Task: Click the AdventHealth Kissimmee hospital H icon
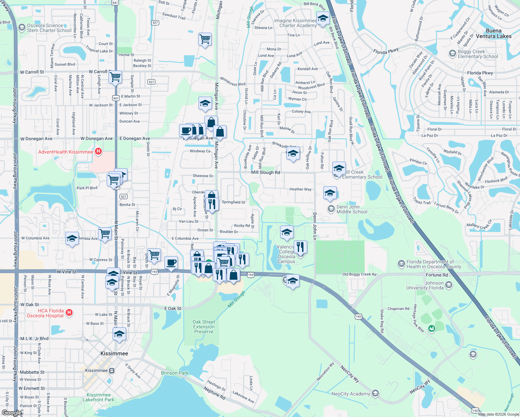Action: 98,152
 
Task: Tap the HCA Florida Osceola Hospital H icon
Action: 69,313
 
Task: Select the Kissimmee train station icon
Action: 112,370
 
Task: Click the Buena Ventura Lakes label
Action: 494,33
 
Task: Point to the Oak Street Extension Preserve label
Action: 204,327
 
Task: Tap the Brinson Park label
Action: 174,373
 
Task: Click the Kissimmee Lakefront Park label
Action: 99,397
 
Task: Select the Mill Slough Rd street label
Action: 265,172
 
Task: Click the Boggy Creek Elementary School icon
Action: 452,54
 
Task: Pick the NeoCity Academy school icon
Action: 375,393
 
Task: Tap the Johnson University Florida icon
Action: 449,285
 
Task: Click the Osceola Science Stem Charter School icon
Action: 22,27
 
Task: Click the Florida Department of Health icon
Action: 401,264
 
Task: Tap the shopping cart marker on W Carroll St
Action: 115,76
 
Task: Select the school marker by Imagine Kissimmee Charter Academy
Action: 323,18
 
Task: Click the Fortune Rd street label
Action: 437,275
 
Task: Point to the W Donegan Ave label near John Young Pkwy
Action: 36,139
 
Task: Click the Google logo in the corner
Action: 11,413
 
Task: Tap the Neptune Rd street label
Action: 214,393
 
